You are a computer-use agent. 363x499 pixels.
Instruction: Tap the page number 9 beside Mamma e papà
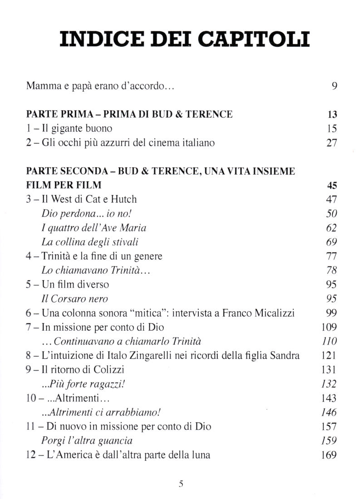click(x=334, y=86)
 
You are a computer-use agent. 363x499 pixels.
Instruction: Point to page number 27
click(x=332, y=143)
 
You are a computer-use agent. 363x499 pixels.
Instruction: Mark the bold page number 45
click(x=332, y=185)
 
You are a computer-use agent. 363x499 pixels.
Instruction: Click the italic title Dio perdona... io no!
click(x=80, y=213)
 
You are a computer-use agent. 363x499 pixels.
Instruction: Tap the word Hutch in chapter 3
click(x=123, y=199)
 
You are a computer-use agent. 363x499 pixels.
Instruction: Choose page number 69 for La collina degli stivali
click(x=332, y=242)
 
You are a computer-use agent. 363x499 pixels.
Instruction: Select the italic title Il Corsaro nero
click(x=74, y=298)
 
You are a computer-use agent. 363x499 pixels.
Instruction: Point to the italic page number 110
click(x=329, y=341)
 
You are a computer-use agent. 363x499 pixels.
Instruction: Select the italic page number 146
click(x=329, y=412)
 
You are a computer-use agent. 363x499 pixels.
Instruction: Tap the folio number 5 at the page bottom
click(x=181, y=484)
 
